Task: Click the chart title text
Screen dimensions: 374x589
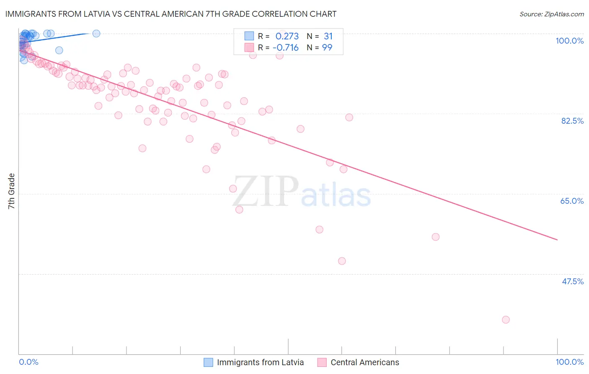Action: click(170, 14)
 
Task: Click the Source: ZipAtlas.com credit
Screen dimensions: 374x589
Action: click(551, 14)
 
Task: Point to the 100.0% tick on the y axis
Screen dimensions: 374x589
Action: click(569, 41)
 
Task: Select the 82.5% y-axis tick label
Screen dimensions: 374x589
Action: click(572, 121)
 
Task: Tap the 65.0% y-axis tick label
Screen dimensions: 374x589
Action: click(572, 201)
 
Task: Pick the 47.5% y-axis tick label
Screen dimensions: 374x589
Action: click(572, 281)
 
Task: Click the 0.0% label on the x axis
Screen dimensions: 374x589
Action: click(28, 362)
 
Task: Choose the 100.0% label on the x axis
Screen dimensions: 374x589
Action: click(569, 362)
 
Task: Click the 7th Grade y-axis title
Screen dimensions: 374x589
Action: click(11, 191)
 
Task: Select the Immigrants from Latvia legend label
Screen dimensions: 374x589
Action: click(260, 362)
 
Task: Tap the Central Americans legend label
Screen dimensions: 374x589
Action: click(364, 362)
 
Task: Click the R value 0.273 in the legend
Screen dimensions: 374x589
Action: click(287, 36)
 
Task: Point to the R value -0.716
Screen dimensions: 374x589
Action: click(285, 48)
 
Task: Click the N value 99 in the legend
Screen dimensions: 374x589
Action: click(327, 48)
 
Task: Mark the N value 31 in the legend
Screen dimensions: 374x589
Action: click(328, 36)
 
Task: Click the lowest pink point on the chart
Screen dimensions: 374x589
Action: click(506, 319)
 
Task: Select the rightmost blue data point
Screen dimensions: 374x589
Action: click(96, 34)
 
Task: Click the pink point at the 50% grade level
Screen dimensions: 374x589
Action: click(342, 261)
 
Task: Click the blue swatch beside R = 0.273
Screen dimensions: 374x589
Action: click(249, 36)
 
